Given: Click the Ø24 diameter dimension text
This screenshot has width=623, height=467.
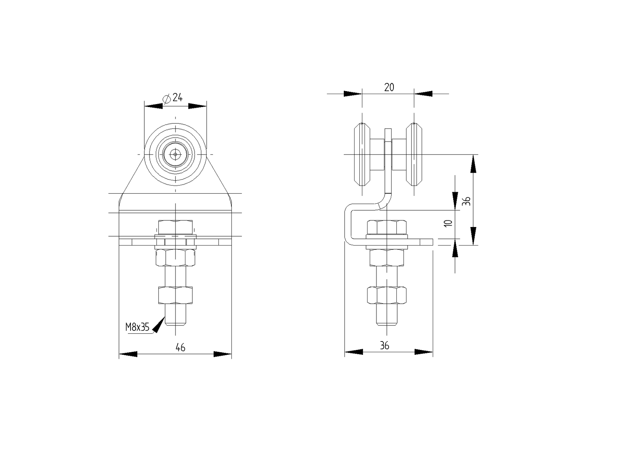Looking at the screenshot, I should [173, 98].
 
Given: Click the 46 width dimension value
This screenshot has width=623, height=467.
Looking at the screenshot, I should [180, 347].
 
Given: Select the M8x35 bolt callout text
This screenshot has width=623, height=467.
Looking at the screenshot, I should [137, 327].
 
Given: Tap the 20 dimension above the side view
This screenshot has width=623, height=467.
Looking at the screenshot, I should [389, 87].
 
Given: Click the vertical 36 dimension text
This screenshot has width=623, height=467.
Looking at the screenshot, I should [467, 201].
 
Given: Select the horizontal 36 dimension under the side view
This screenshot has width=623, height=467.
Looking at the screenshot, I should [385, 346].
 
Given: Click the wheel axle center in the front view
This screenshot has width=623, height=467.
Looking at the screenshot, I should [175, 154].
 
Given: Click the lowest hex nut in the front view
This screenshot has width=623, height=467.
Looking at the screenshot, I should [175, 295].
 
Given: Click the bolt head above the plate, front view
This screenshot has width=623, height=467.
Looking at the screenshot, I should [175, 227].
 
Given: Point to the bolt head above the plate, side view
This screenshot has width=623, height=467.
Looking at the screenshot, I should [387, 227].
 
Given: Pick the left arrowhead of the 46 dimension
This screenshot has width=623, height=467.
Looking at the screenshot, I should [128, 354].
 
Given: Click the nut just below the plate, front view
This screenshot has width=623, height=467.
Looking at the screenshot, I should [175, 257].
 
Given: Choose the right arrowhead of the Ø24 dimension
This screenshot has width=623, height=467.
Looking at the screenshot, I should [197, 106].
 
